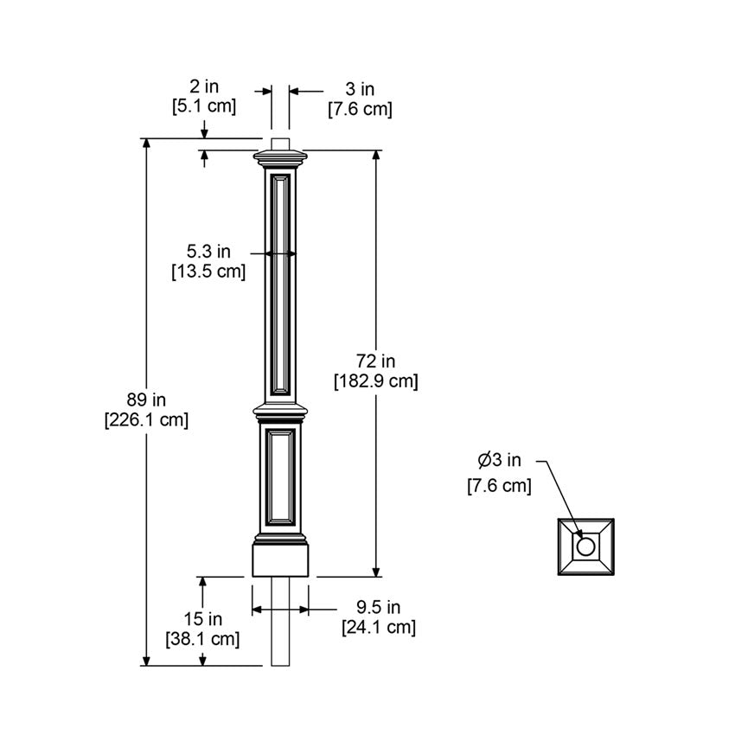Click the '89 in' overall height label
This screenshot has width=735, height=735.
tap(146, 399)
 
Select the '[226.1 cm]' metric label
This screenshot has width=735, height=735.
tap(146, 420)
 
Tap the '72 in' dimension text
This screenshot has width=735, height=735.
tap(376, 361)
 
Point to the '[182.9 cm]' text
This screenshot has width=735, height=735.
tap(376, 381)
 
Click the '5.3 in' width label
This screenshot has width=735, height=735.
tap(208, 252)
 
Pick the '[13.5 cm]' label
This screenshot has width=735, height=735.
tap(208, 272)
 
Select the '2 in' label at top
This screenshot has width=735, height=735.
tap(205, 86)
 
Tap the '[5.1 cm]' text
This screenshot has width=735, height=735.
tap(205, 106)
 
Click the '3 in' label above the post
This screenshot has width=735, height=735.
tap(360, 89)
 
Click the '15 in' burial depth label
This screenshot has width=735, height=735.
tap(203, 619)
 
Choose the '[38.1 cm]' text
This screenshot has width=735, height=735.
tap(203, 639)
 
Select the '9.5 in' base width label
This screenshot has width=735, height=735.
tap(379, 607)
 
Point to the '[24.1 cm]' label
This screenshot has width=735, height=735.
tap(379, 627)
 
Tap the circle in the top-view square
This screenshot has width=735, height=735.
tap(585, 546)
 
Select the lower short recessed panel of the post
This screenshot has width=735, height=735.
tap(281, 476)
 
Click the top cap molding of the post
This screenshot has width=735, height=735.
tap(281, 158)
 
